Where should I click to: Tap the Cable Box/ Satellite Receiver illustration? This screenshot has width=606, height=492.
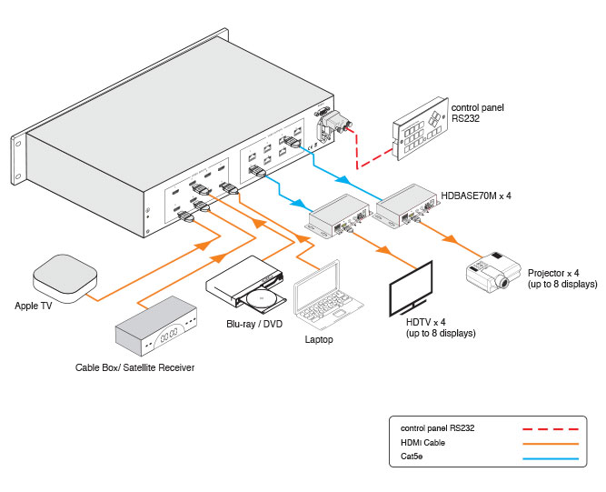tap(156, 331)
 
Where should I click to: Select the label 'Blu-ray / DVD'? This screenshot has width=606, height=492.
tap(254, 324)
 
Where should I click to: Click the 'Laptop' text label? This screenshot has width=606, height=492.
tap(319, 340)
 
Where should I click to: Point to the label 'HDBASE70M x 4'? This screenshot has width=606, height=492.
tap(477, 196)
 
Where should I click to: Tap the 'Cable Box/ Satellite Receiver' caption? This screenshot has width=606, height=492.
tap(134, 368)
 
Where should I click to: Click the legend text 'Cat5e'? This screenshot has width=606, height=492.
tap(412, 458)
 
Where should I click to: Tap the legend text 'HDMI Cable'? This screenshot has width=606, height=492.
tap(422, 443)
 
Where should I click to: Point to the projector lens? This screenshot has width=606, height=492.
tap(502, 283)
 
